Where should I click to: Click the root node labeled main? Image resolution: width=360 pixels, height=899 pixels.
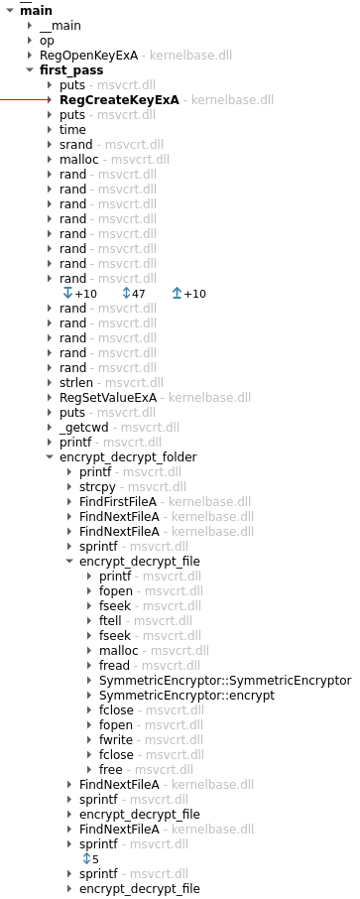pos(36,10)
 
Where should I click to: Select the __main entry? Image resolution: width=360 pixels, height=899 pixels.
pos(60,26)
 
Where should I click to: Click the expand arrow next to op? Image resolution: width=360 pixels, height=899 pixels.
pos(30,41)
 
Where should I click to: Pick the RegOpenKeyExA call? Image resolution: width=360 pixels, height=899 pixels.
pos(88,56)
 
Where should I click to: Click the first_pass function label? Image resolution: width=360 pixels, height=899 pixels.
pos(70,70)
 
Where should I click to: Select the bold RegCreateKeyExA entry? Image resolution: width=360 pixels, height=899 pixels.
pos(119,100)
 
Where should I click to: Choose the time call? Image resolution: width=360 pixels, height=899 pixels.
pos(72,130)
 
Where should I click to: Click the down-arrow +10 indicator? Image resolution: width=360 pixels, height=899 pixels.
pos(79,294)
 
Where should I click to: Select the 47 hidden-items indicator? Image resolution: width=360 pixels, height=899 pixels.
pos(133,294)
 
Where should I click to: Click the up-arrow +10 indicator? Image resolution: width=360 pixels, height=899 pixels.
pos(188,294)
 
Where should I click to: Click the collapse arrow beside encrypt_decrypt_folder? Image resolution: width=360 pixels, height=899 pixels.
pos(50,457)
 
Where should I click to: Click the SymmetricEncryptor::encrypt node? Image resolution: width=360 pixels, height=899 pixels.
pos(186,696)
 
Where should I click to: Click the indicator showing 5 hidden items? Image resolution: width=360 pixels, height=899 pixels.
pos(90,858)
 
